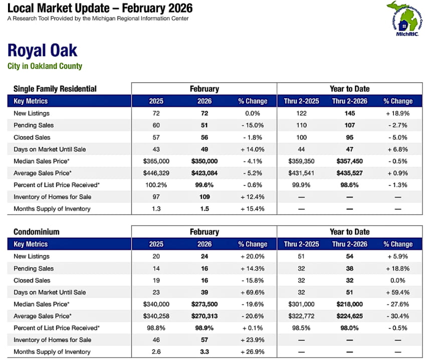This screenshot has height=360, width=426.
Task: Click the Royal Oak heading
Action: coord(43,51)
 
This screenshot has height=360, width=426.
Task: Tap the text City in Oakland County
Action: coord(45,66)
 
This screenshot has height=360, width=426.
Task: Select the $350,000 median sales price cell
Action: coord(204,161)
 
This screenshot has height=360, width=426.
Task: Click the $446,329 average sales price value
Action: coord(156,173)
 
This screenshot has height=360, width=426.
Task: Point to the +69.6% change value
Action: coord(253,292)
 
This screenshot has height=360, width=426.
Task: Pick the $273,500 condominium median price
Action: coord(204,304)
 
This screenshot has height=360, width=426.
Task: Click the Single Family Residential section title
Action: coord(55,89)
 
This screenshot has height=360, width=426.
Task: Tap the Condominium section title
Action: coord(37,232)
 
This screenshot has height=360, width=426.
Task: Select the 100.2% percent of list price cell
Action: coord(156,185)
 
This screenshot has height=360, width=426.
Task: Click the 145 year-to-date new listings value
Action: coord(349,113)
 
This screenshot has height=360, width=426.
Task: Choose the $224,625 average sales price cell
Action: coord(349,316)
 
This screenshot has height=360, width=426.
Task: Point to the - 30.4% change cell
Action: coord(398,316)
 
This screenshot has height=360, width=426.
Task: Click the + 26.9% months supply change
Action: coord(253,351)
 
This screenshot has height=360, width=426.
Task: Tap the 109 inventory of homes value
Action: coord(204,197)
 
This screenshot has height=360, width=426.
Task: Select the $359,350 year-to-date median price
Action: coord(301,161)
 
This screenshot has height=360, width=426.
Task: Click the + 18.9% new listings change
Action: coord(398,113)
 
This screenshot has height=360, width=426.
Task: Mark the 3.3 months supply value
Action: coord(204,351)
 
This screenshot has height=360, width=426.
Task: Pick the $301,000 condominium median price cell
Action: coord(301,304)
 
